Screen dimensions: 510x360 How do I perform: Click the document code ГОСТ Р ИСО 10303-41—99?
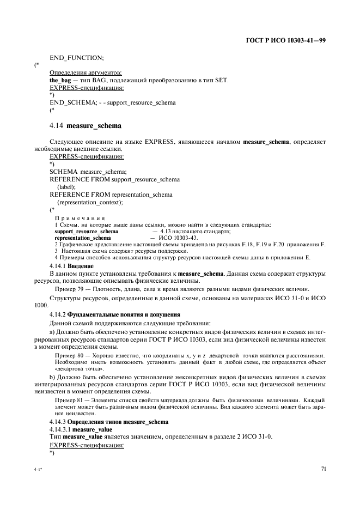[x=285, y=41]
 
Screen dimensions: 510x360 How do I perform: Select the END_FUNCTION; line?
[x=77, y=57]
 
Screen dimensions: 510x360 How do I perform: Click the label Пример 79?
[x=69, y=288]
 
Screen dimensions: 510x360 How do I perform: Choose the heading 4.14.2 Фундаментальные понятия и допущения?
[x=115, y=315]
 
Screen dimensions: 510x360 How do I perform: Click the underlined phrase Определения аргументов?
[x=86, y=72]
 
